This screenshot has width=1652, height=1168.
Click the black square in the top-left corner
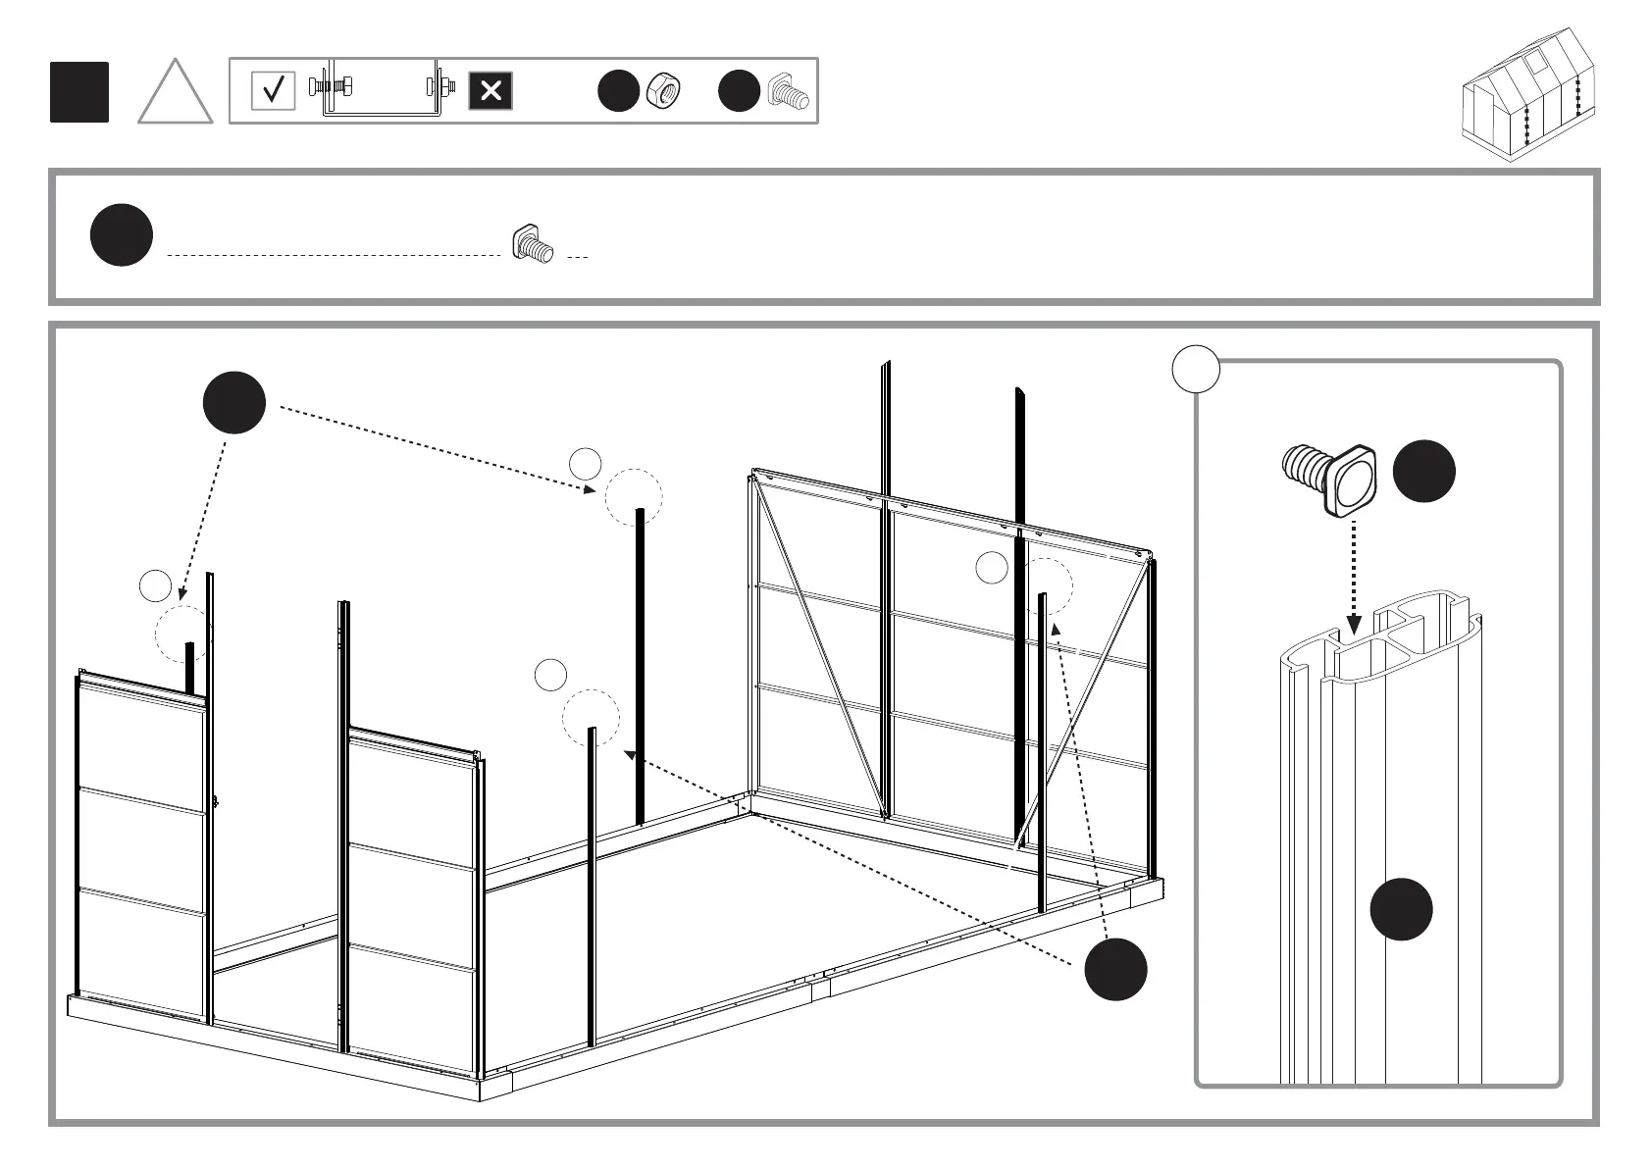[79, 92]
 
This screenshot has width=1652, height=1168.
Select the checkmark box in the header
[273, 91]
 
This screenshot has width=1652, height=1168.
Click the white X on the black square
[490, 91]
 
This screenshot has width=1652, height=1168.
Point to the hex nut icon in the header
[664, 91]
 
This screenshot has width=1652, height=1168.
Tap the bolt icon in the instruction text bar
[533, 244]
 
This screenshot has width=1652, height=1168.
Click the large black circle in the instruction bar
[122, 235]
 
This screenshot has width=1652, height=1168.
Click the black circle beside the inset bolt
[1423, 472]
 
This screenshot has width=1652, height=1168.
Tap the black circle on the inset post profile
[1401, 909]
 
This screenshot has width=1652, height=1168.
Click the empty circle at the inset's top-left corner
[1196, 370]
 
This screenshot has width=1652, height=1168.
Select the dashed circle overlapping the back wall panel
[1045, 586]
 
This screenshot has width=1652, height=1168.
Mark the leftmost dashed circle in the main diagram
[183, 634]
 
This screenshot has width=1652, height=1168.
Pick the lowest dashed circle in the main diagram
[591, 718]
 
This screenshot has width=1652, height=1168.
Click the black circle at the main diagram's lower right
[1115, 969]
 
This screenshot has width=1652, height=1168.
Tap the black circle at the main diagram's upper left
[234, 403]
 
